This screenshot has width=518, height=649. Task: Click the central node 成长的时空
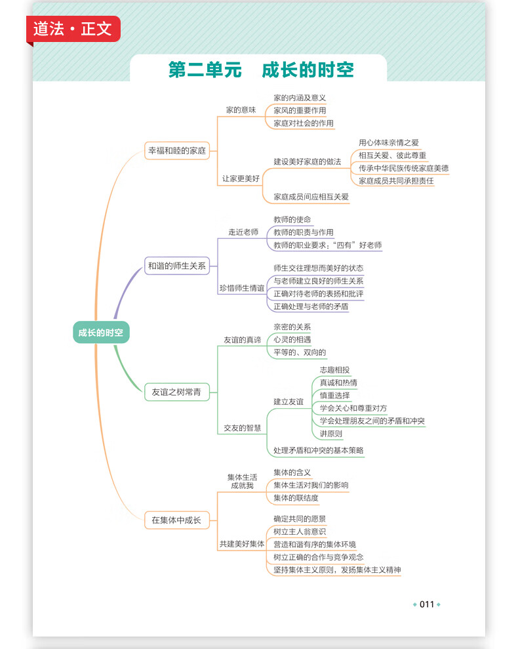coord(101,332)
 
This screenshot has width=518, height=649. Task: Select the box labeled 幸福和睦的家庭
coord(177,151)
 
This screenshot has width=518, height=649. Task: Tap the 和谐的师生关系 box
coord(177,266)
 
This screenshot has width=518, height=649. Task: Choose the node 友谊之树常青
coord(177,392)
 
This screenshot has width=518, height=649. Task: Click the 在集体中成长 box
coord(177,520)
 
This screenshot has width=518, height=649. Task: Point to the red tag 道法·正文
coord(73,29)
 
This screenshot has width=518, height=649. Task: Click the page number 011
coord(427,604)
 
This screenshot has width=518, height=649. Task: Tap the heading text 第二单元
coord(205,70)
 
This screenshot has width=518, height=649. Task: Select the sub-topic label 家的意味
coord(241,110)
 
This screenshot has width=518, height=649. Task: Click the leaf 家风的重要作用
coord(300,110)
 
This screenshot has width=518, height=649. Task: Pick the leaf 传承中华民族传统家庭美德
coord(403,168)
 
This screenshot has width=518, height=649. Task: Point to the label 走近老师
coord(243,232)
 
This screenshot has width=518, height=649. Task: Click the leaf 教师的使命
coord(292,219)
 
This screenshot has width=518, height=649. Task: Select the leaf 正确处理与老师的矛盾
coord(311,306)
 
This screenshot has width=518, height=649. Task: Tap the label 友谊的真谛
coord(243,340)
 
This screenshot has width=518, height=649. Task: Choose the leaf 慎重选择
coord(334,395)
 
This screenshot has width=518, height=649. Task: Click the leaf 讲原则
coord(331,434)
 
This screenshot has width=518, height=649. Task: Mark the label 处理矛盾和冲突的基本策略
coord(319,450)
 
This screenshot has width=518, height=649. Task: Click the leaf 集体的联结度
coord(296,498)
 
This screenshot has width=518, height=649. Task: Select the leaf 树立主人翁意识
coord(300,532)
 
